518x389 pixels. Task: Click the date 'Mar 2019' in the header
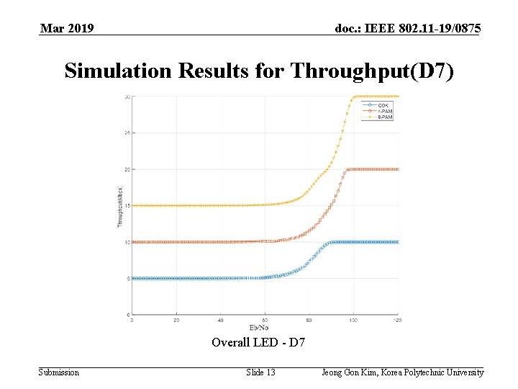pyautogui.click(x=67, y=29)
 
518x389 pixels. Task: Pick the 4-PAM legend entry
pyautogui.click(x=383, y=112)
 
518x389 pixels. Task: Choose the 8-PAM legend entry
pyautogui.click(x=383, y=117)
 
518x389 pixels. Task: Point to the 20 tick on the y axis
pyautogui.click(x=127, y=169)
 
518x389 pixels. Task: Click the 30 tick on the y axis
pyautogui.click(x=127, y=97)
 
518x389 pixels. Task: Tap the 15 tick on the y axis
pyautogui.click(x=127, y=206)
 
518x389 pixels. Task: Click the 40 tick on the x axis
pyautogui.click(x=220, y=321)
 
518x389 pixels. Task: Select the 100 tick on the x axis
pyautogui.click(x=353, y=321)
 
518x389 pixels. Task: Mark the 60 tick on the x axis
pyautogui.click(x=265, y=321)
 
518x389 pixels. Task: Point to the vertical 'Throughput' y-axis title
pyautogui.click(x=120, y=207)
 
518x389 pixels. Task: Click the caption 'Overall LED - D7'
pyautogui.click(x=258, y=342)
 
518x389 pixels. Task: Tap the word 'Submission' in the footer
pyautogui.click(x=59, y=372)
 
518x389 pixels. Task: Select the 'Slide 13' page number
pyautogui.click(x=260, y=372)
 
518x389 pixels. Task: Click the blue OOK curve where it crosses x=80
pyautogui.click(x=309, y=264)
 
